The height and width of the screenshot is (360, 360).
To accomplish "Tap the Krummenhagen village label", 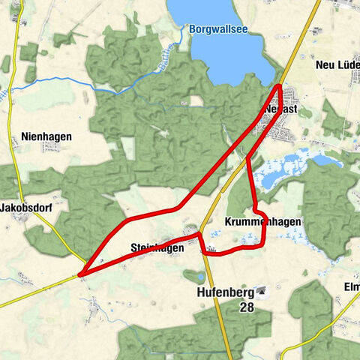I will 262,221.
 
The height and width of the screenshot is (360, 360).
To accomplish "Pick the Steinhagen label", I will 157,247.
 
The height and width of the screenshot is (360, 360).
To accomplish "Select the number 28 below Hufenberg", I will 246,307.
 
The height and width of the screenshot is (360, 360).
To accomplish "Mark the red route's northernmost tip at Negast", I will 280,86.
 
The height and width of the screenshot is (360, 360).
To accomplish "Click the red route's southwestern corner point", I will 79,274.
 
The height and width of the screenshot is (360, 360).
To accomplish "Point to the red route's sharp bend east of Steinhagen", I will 199,235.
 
